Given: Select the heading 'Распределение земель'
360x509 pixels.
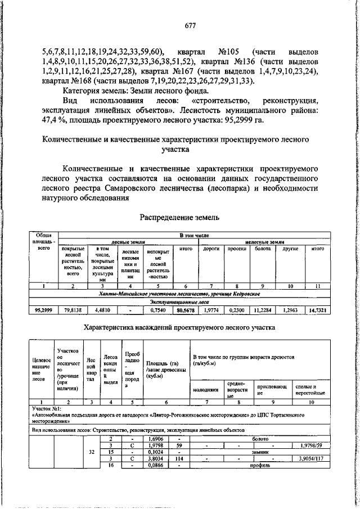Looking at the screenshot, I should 179,217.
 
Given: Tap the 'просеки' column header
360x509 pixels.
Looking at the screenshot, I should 237,248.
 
